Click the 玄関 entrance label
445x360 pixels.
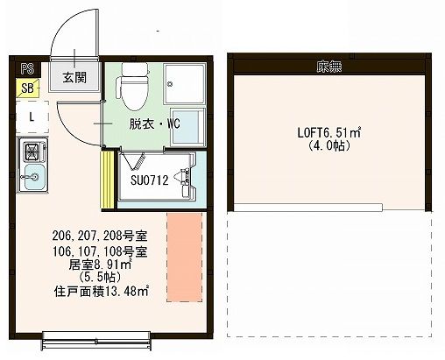tap(73, 76)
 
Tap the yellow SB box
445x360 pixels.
tap(29, 88)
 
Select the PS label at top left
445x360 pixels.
tap(28, 67)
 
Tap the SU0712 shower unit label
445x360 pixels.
tap(149, 181)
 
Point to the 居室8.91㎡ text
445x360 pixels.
tap(100, 264)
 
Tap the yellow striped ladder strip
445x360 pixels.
tap(109, 180)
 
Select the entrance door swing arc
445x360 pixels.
tap(63, 35)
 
